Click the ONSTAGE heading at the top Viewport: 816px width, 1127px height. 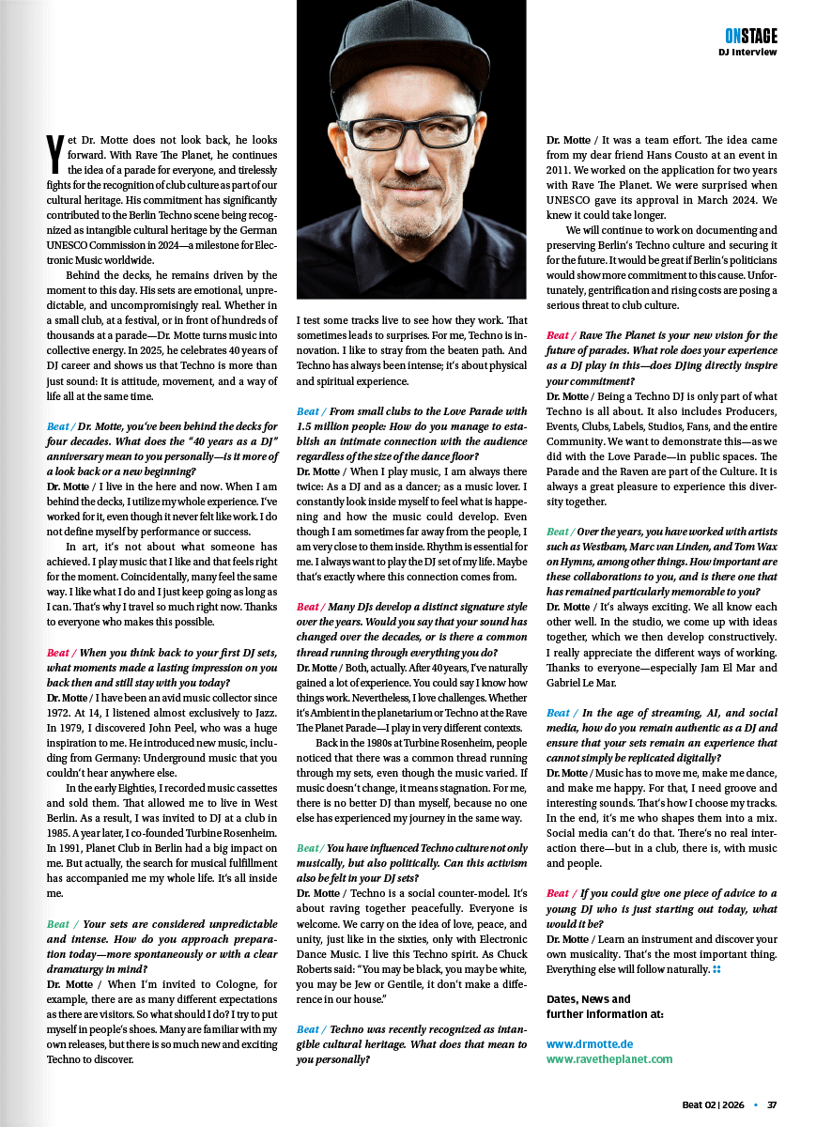pyautogui.click(x=750, y=36)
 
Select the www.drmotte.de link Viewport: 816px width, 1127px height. pyautogui.click(x=590, y=1043)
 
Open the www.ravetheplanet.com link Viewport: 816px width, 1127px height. pyautogui.click(x=609, y=1058)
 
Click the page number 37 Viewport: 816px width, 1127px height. pyautogui.click(x=772, y=1104)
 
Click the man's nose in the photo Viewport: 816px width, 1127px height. pyautogui.click(x=414, y=160)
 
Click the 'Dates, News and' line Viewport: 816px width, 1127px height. pyautogui.click(x=589, y=998)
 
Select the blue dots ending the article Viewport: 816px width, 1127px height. pyautogui.click(x=716, y=968)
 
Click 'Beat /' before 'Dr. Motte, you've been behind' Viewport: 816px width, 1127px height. pyautogui.click(x=60, y=425)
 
